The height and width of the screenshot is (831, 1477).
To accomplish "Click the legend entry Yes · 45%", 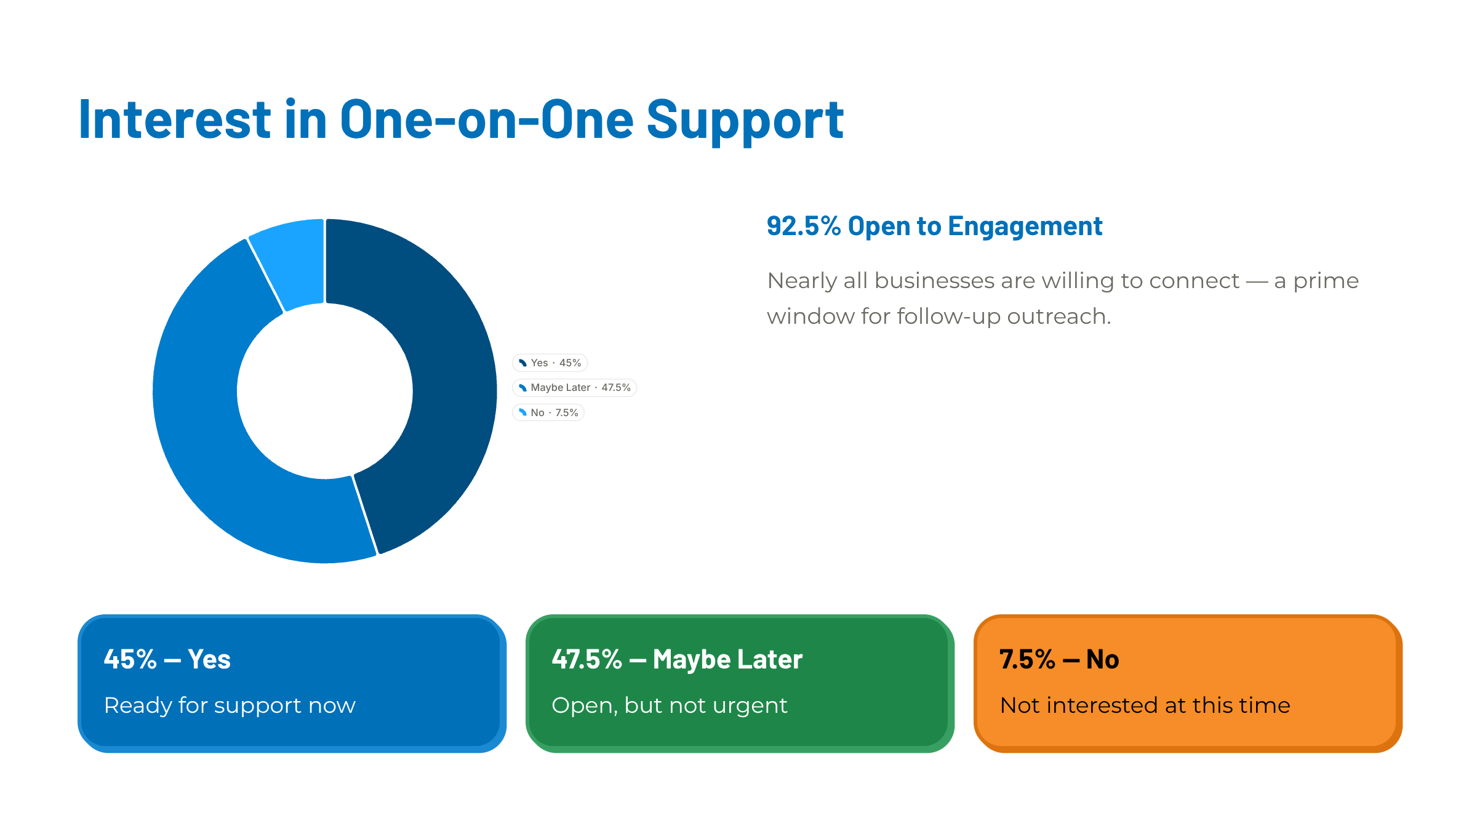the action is (x=550, y=363).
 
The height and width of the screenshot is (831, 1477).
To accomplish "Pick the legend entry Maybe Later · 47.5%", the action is (x=574, y=387).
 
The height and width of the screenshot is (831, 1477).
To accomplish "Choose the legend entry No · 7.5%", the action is (x=548, y=412).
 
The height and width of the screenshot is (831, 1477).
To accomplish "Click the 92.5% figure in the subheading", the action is (x=804, y=226).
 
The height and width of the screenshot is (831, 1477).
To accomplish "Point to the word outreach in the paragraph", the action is (x=1059, y=316).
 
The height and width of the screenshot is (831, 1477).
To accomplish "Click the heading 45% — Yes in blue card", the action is (x=167, y=659).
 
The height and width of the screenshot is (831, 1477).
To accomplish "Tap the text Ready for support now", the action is (x=230, y=705).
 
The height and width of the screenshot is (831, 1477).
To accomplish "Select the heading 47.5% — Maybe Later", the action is (x=677, y=660).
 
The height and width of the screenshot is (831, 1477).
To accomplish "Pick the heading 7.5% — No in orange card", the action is (x=1059, y=659).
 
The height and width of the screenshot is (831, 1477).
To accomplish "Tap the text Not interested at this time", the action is (x=1145, y=705).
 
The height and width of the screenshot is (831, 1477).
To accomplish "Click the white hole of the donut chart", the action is (x=325, y=391).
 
